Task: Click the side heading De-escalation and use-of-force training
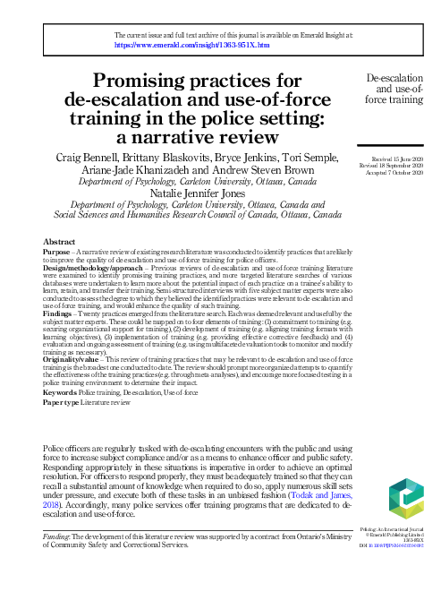tap(394, 90)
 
